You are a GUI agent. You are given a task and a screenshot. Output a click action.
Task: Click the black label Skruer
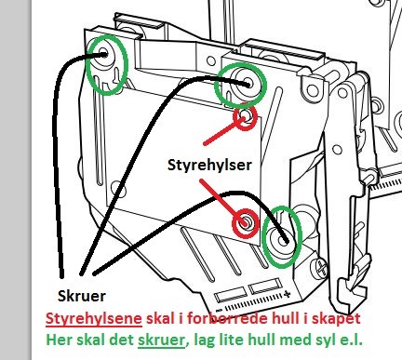coord(82,296)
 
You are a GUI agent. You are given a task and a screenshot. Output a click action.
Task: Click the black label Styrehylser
coord(209,166)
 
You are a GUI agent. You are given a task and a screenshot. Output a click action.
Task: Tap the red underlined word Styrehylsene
coord(94,318)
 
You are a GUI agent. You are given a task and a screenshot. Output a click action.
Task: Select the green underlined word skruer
coord(161,340)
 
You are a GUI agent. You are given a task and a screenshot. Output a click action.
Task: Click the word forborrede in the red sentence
coord(228,318)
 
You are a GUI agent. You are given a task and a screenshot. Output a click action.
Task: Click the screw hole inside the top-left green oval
coord(103,53)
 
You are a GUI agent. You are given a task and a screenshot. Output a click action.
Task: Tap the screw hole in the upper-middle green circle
coord(248,83)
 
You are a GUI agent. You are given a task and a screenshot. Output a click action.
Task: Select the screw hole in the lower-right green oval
coord(282,240)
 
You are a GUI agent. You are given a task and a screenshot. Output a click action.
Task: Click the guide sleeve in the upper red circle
coord(246,117)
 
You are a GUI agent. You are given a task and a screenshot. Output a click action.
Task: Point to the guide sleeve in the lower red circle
coord(246,222)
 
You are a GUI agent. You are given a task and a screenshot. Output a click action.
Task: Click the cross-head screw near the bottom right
coord(321,268)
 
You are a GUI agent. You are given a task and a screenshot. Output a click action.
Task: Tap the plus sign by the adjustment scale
coord(288,294)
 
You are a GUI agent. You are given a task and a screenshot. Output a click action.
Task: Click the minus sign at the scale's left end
coord(220,310)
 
